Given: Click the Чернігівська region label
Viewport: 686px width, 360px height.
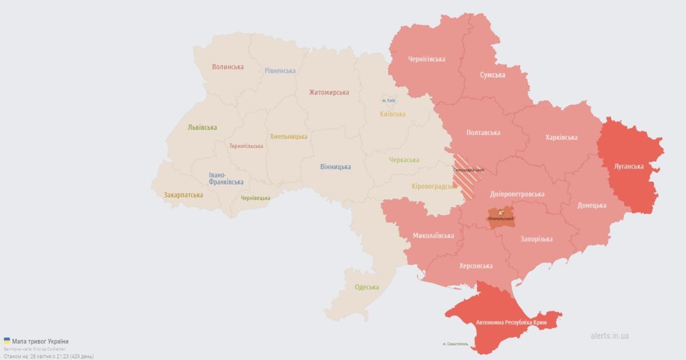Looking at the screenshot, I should pyautogui.click(x=426, y=59).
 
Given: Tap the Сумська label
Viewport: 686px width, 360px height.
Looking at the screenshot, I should pyautogui.click(x=492, y=75).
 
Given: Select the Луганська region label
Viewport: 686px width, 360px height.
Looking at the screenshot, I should pyautogui.click(x=629, y=166).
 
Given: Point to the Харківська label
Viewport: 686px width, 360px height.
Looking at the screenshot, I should pyautogui.click(x=561, y=137).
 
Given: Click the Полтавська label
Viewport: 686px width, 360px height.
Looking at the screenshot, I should pyautogui.click(x=483, y=133).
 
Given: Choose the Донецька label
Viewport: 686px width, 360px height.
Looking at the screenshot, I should pyautogui.click(x=592, y=205).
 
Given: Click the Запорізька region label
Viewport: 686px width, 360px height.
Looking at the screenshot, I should pyautogui.click(x=536, y=239).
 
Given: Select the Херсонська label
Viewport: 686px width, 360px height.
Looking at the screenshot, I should pyautogui.click(x=476, y=266).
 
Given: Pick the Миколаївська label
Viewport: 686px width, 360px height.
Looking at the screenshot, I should pyautogui.click(x=433, y=235).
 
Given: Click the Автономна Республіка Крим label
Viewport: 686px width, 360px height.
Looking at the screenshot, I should pyautogui.click(x=511, y=323).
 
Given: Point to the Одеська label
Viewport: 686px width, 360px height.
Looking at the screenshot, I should pyautogui.click(x=366, y=287).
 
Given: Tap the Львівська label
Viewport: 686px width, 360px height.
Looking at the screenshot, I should pyautogui.click(x=202, y=127).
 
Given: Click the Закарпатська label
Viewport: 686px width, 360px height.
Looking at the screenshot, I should pyautogui.click(x=183, y=195).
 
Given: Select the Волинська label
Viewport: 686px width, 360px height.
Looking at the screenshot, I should pyautogui.click(x=228, y=67).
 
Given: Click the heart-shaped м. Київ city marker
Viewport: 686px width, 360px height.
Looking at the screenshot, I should pyautogui.click(x=389, y=99).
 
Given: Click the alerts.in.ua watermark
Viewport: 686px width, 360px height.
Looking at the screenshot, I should pyautogui.click(x=609, y=336).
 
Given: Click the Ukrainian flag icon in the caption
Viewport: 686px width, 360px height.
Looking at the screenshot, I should pyautogui.click(x=7, y=341).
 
